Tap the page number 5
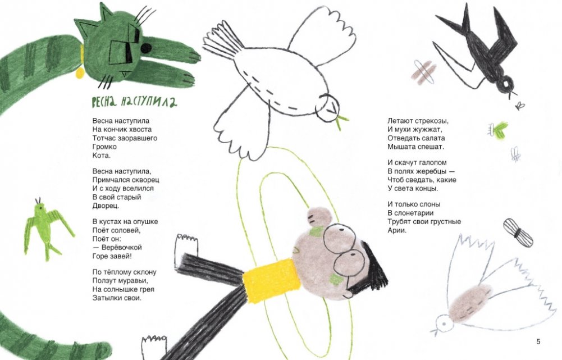point(538,341)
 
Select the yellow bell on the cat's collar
point(80,73)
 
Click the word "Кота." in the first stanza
point(102,155)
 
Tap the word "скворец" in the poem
point(145,180)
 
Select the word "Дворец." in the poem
point(106,206)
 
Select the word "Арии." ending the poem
point(397,230)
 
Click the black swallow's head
point(505,84)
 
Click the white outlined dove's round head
point(327,108)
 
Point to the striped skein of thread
point(518,233)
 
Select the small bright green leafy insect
point(498,129)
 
